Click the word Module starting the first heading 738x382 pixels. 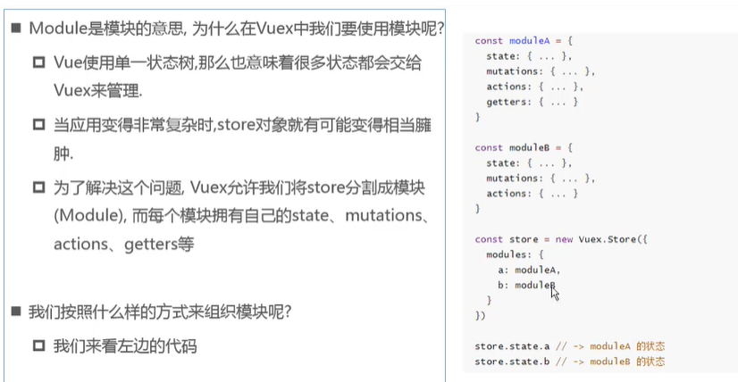(57, 28)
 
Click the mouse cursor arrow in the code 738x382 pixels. (554, 291)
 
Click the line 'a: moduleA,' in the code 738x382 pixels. (529, 270)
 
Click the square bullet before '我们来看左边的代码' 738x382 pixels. (38, 345)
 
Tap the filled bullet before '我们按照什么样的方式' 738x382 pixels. (16, 311)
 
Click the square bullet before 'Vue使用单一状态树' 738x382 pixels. (38, 63)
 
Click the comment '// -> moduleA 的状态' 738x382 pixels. (612, 346)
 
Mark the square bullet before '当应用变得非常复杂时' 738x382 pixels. (38, 125)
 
